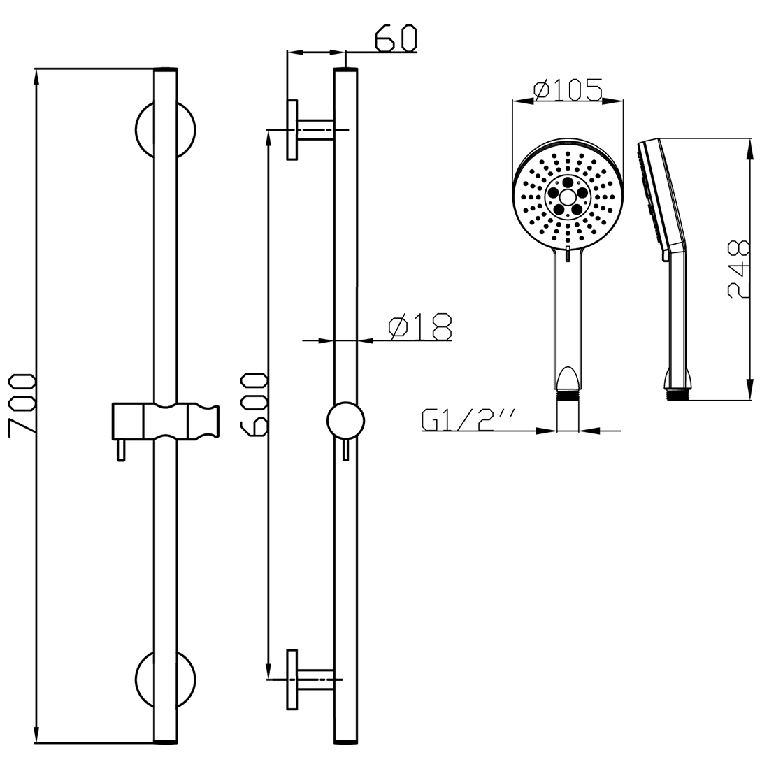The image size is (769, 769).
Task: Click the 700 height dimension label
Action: [21, 405]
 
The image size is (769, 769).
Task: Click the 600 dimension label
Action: [254, 405]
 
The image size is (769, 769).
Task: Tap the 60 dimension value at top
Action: [395, 39]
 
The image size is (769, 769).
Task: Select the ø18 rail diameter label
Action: [420, 327]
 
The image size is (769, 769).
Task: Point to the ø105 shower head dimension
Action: [568, 90]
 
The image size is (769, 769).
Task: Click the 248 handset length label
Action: [739, 270]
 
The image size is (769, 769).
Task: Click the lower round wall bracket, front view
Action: [165, 678]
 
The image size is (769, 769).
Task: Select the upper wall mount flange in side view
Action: [293, 129]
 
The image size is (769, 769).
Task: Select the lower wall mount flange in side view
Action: [293, 678]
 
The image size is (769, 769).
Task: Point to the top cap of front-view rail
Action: [165, 71]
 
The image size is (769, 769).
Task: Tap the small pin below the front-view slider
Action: [122, 451]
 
